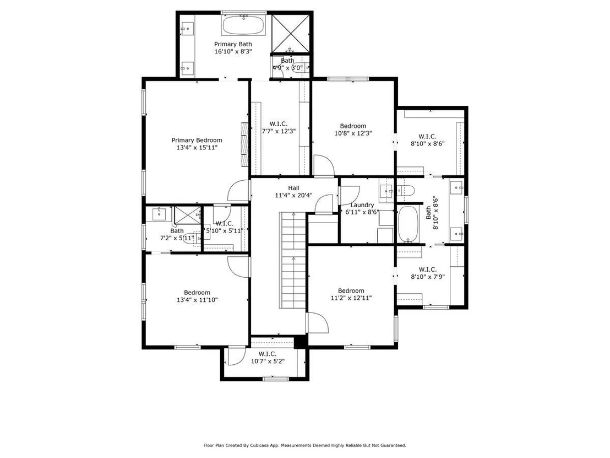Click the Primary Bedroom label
pyautogui.click(x=197, y=140)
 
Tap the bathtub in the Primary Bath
pyautogui.click(x=243, y=25)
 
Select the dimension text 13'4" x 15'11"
pyautogui.click(x=197, y=148)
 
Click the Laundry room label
pyautogui.click(x=362, y=205)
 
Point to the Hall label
pyautogui.click(x=294, y=188)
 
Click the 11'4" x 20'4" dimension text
pyautogui.click(x=294, y=196)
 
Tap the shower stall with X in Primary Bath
pyautogui.click(x=291, y=33)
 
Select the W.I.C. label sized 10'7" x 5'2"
pyautogui.click(x=268, y=354)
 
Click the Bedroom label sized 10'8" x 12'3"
pyautogui.click(x=353, y=126)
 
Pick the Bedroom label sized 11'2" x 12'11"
pyautogui.click(x=351, y=290)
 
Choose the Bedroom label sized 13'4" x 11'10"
pyautogui.click(x=197, y=293)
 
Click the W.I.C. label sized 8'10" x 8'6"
pyautogui.click(x=428, y=136)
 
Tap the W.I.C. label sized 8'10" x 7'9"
pyautogui.click(x=428, y=270)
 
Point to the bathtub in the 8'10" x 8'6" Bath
pyautogui.click(x=409, y=224)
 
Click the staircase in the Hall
pyautogui.click(x=293, y=260)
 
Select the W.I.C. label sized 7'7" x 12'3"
pyautogui.click(x=279, y=124)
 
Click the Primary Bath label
pyautogui.click(x=233, y=44)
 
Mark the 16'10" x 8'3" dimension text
pyautogui.click(x=233, y=51)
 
